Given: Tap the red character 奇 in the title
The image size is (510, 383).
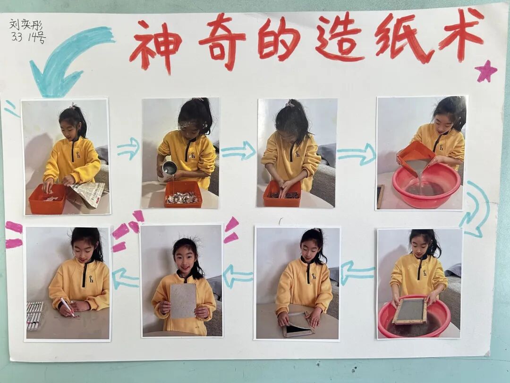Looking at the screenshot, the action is tap(222, 41).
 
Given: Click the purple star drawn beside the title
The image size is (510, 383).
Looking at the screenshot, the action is tap(485, 71).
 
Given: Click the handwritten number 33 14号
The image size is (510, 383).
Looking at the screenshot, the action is tap(28, 37).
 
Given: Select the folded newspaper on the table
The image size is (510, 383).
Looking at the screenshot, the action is tap(87, 194).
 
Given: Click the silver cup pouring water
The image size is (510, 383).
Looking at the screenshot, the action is tap(169, 171).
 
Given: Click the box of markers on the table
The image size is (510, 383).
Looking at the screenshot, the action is tap(34, 315).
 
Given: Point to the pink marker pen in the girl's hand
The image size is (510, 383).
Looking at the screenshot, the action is tap(68, 307).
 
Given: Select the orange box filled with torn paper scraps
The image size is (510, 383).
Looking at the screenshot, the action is tap(183, 194).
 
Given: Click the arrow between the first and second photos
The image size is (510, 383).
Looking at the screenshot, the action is tap(128, 148).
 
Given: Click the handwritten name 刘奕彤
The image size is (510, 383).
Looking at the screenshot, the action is tap(26, 25).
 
